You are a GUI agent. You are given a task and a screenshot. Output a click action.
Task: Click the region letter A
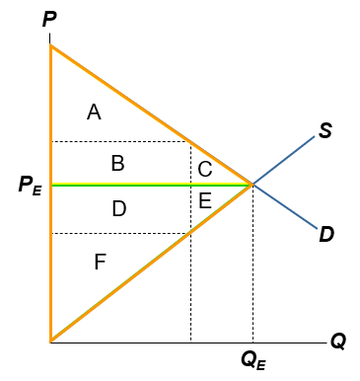click(x=94, y=113)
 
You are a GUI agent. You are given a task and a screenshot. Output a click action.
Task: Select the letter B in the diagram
click(x=117, y=164)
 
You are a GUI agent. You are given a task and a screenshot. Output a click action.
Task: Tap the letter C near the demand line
click(x=205, y=169)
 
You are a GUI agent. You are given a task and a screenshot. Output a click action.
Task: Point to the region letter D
click(x=118, y=208)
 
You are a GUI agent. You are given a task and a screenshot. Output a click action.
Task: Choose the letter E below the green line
click(x=205, y=201)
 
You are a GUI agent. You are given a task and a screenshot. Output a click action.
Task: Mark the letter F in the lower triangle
click(x=100, y=262)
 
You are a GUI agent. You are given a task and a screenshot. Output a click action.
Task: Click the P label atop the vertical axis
click(x=49, y=19)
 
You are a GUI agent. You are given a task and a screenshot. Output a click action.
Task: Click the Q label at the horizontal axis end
click(x=338, y=342)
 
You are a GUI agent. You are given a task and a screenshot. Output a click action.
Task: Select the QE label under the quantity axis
click(x=253, y=361)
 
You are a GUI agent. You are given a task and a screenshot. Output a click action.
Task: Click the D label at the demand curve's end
click(x=326, y=234)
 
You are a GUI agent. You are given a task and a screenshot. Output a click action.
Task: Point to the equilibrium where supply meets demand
click(x=253, y=185)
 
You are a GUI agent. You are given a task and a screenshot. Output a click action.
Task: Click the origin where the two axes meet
click(x=50, y=341)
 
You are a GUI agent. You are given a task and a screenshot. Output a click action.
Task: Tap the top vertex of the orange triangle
click(x=50, y=45)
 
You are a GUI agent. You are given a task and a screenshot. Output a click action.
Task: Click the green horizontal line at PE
click(x=148, y=185)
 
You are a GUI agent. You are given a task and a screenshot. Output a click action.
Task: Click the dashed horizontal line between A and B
click(x=118, y=141)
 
